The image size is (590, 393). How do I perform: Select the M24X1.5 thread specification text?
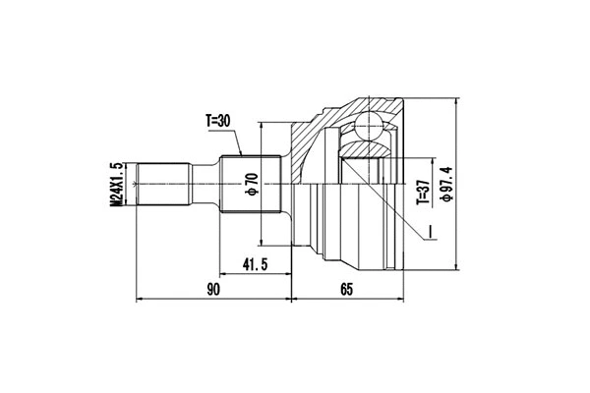click(x=115, y=184)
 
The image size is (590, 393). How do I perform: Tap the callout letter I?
click(x=430, y=234)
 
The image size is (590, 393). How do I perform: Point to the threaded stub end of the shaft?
click(x=162, y=184)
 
